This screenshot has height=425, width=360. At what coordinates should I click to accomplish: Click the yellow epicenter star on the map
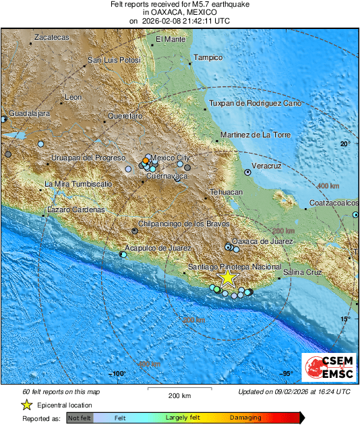click(x=229, y=277)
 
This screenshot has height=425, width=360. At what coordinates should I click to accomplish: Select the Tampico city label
click(x=208, y=58)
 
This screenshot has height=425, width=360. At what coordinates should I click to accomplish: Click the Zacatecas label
click(x=52, y=38)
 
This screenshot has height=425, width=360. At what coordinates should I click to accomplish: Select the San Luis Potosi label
click(x=114, y=61)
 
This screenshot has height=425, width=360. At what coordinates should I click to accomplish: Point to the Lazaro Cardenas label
click(x=75, y=209)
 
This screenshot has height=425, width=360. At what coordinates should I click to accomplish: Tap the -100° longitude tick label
click(x=118, y=374)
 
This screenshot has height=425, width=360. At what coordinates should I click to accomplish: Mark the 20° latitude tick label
click(x=345, y=144)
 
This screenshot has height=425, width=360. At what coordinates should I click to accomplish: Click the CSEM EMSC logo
click(x=326, y=367)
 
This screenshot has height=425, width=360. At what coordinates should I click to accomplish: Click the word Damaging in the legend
click(x=245, y=418)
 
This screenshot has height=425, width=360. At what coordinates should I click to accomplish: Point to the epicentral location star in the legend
click(x=26, y=405)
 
